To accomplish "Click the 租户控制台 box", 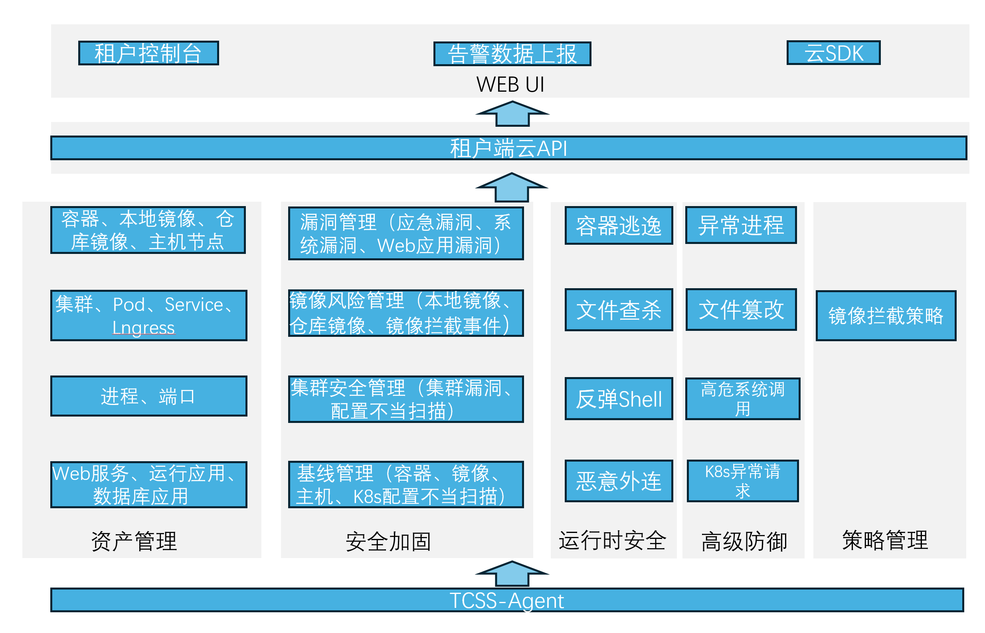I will pos(148,53).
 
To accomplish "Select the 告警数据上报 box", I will pos(512,54).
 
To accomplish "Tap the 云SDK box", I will pos(833,53).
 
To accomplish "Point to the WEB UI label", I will pos(510,85).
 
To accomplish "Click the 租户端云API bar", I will pos(508,148).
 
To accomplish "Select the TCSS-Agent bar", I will pos(506,600).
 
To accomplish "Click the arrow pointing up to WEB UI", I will pos(512,114).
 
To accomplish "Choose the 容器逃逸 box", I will pos(618,226).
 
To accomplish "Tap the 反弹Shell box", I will pos(618,399).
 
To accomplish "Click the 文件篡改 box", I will pos(741,309).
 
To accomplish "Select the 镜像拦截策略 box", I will pos(886,316).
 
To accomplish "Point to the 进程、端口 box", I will pos(148,396).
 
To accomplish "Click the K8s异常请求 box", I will pos(742,481).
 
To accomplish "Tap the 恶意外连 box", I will pos(618,481).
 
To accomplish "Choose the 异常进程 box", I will pos(741,225).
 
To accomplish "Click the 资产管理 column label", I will pos(134,541).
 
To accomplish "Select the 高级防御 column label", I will pos(744,541).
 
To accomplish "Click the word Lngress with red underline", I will pos(144,328).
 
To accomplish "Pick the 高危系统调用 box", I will pos(742,399).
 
